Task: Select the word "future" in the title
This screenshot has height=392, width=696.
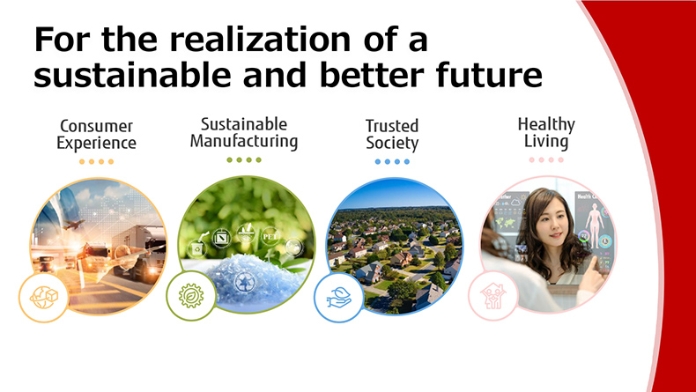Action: click(489, 75)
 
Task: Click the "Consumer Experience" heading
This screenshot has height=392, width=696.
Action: click(96, 135)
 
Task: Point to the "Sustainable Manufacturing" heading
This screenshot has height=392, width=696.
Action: click(244, 133)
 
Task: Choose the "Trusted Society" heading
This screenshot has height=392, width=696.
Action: click(392, 135)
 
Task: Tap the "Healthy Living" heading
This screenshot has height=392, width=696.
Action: click(546, 133)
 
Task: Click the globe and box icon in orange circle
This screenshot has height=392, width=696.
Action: click(43, 298)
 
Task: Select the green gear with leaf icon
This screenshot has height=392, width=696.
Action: click(191, 296)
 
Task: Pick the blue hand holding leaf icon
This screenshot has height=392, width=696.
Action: click(339, 298)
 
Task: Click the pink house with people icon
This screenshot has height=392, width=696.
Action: click(492, 296)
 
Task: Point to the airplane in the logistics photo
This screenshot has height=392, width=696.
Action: click(73, 225)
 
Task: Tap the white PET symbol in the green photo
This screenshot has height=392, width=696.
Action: click(270, 236)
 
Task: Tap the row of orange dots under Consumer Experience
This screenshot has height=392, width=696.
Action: click(96, 161)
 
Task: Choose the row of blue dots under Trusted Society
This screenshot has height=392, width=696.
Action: click(392, 161)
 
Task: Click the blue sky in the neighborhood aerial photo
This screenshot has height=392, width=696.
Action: click(393, 193)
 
